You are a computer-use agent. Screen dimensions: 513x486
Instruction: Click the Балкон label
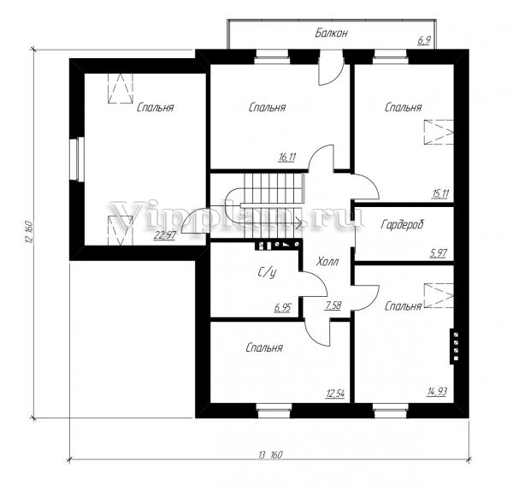point(331,33)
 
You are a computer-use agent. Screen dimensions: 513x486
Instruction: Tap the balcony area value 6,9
point(424,40)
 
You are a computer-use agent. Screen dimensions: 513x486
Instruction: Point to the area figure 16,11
point(287,157)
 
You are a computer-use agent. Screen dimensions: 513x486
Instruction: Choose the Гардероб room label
point(402,225)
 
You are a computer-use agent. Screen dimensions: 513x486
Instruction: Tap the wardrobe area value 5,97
point(438,253)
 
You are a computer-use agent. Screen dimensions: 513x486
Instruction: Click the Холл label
point(327,262)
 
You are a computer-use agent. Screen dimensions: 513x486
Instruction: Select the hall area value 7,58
point(333,305)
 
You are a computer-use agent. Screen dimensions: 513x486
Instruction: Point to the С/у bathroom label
point(267,272)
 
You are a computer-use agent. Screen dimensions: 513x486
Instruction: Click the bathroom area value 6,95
point(282,308)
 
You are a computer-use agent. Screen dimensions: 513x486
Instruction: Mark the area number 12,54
point(335,393)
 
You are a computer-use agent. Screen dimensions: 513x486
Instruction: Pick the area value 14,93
point(437,391)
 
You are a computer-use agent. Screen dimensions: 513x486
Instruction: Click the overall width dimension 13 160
point(270,455)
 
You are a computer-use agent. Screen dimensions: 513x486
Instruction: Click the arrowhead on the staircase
point(298,223)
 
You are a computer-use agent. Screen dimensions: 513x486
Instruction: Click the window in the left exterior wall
point(77,159)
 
